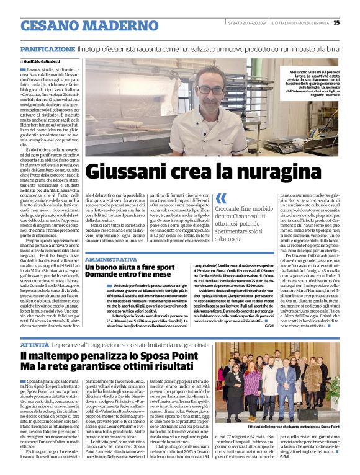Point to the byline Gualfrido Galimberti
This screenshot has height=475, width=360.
click(x=46, y=61)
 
